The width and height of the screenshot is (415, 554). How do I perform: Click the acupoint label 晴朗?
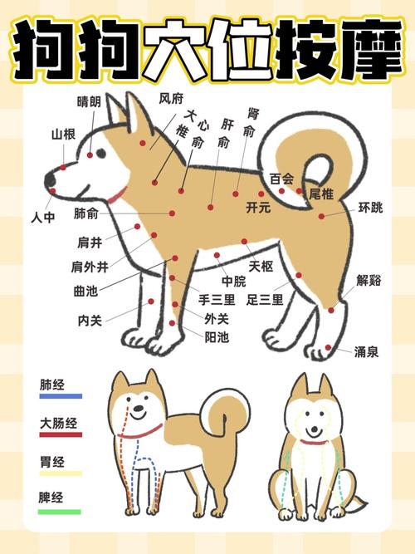(x=89, y=102)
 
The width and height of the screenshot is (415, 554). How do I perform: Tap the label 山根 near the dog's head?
(x=63, y=134)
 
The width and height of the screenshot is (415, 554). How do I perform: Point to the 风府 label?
(x=171, y=98)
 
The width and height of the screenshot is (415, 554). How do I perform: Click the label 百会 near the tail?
(x=281, y=178)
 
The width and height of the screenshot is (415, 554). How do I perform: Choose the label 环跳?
(x=370, y=207)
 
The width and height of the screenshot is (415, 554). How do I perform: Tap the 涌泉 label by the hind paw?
(x=367, y=351)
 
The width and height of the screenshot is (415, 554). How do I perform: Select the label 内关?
(x=90, y=319)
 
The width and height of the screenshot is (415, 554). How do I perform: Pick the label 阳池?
(x=217, y=336)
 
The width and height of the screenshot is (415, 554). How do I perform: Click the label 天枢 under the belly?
(x=261, y=266)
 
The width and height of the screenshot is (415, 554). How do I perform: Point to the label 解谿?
(x=369, y=280)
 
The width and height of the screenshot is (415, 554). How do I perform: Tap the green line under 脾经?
(x=60, y=512)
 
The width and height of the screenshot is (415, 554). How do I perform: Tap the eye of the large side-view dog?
(x=101, y=154)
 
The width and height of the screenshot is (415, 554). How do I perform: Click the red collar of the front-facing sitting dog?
(x=313, y=442)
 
